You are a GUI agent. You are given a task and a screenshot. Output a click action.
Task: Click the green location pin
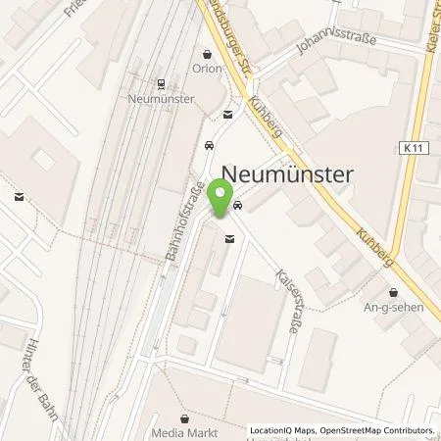point(227,200)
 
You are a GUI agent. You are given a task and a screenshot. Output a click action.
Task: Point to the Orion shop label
point(207,70)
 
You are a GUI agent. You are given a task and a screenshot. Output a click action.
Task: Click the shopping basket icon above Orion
point(207,55)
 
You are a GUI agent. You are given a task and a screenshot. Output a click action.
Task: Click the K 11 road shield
point(413,148)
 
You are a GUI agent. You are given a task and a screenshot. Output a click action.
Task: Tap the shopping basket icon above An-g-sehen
point(394,291)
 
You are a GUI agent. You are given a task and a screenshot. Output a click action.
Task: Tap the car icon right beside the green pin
point(239,206)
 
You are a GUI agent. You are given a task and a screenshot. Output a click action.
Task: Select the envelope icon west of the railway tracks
point(18,197)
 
